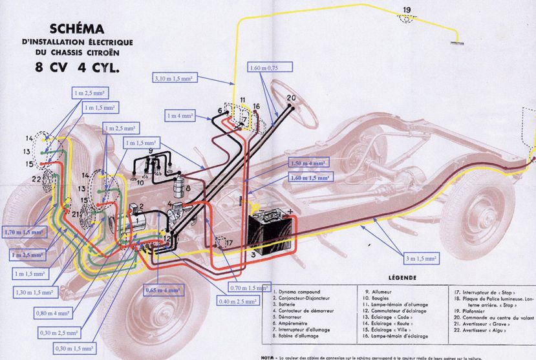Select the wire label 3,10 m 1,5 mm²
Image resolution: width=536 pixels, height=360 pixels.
click(179, 79)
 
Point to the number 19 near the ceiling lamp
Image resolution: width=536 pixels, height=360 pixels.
click(406, 8)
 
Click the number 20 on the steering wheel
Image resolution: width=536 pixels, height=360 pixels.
click(290, 98)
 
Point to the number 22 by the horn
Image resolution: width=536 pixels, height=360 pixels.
click(38, 179)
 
